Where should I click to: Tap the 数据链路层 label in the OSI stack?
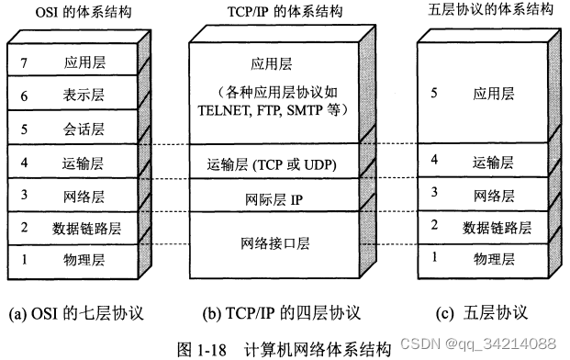(82, 227)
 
